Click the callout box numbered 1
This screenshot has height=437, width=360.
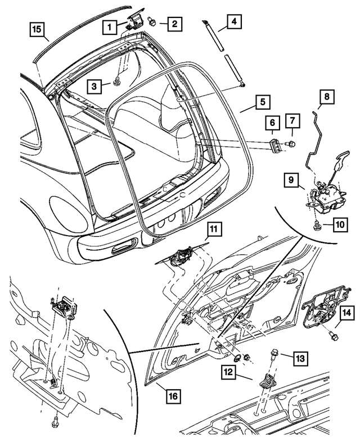[111, 26]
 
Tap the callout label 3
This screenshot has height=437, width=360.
[96, 85]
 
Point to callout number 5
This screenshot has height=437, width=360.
[262, 102]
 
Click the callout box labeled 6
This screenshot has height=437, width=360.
[271, 121]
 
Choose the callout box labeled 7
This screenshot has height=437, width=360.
[293, 121]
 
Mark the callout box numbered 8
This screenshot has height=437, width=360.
[327, 96]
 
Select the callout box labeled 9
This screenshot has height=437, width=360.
[291, 181]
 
